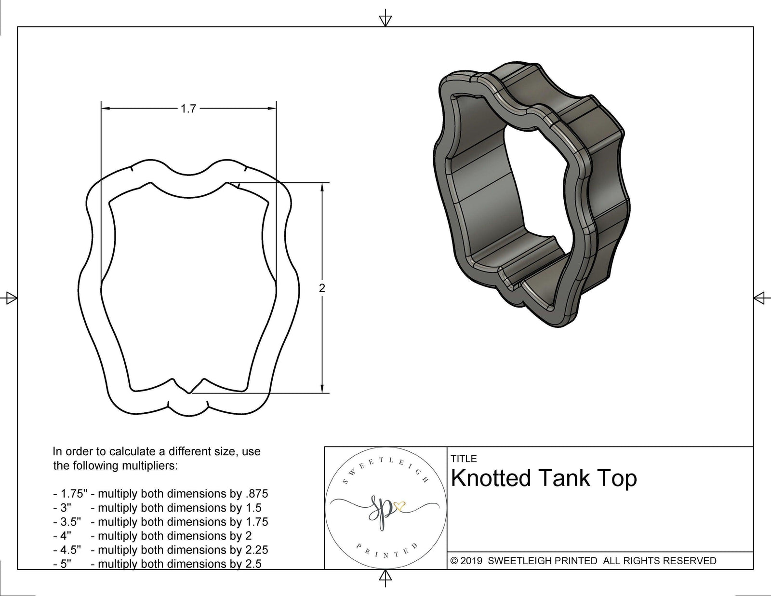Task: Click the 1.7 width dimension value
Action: pyautogui.click(x=188, y=108)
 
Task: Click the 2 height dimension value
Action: pyautogui.click(x=322, y=288)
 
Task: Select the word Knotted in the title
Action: pyautogui.click(x=490, y=478)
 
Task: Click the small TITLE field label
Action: pyautogui.click(x=464, y=459)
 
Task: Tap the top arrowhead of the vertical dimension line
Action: pyautogui.click(x=322, y=188)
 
